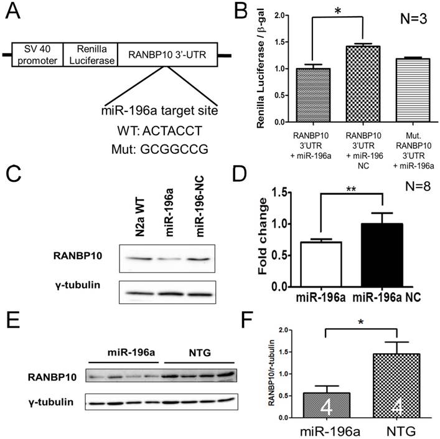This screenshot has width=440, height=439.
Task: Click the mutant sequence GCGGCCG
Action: coord(167,149)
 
